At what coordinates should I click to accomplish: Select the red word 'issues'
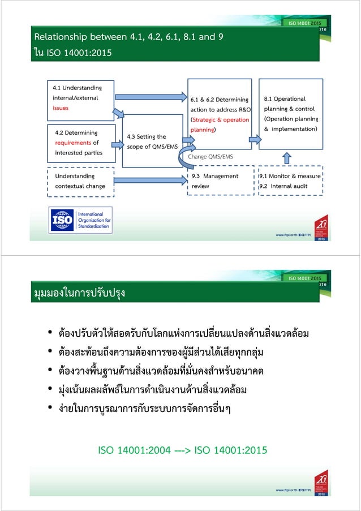coord(61,108)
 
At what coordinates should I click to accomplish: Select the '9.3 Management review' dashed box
coord(218,181)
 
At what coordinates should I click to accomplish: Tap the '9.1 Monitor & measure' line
coord(290,176)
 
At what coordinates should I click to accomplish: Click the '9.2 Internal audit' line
coord(283,186)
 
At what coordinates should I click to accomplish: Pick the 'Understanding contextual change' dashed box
coord(80,181)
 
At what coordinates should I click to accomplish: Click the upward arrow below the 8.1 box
coord(286,157)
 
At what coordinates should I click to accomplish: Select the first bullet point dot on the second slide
coord(51,333)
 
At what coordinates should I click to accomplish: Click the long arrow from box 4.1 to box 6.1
coord(149,97)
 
